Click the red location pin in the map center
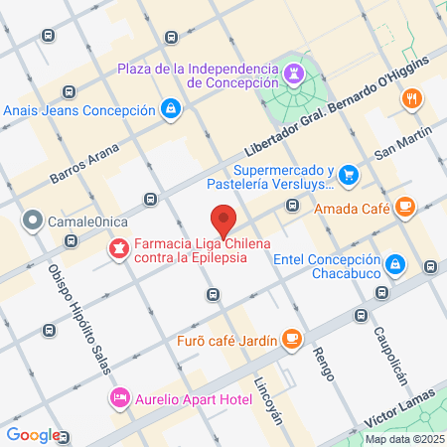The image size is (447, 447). pyautogui.click(x=224, y=218)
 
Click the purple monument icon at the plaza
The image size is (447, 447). pyautogui.click(x=295, y=74)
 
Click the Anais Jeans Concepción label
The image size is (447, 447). pyautogui.click(x=79, y=109)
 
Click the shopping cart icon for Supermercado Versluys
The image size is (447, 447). pyautogui.click(x=348, y=176)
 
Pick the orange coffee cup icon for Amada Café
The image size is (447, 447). pyautogui.click(x=403, y=207)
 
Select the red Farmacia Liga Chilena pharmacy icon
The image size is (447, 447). pyautogui.click(x=118, y=246)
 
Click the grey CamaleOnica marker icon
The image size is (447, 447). pyautogui.click(x=33, y=219)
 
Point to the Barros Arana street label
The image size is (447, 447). pyautogui.click(x=84, y=163)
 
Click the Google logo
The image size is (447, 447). pyautogui.click(x=33, y=434)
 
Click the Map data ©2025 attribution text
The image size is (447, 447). pyautogui.click(x=403, y=439)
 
